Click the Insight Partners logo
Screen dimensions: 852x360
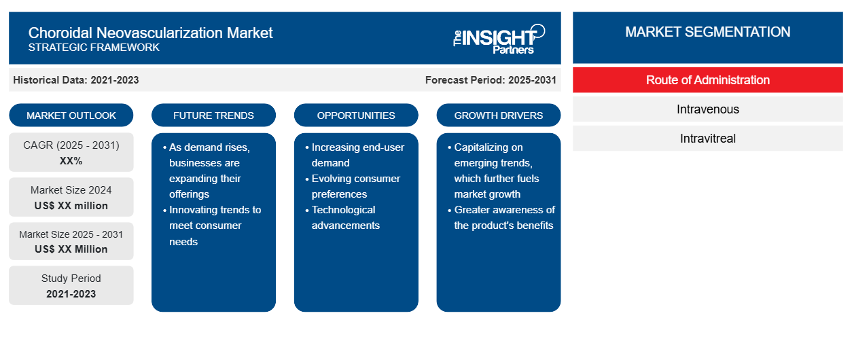499,39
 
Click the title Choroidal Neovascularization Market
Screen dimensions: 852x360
150,33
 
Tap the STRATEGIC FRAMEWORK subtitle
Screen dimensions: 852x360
94,48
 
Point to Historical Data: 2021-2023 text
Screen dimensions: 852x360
76,80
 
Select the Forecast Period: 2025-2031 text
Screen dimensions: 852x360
491,80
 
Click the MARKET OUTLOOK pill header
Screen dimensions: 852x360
71,115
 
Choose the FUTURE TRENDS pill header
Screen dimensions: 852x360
213,115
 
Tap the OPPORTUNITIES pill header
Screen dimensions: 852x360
356,115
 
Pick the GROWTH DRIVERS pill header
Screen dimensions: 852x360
499,115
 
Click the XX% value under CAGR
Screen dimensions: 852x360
71,161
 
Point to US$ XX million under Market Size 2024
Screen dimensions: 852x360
71,206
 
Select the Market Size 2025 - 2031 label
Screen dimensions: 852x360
71,234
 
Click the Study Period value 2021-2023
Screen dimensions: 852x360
71,294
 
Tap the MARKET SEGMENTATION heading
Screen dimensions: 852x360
708,32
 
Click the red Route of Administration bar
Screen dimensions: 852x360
708,80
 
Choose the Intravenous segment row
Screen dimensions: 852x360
708,109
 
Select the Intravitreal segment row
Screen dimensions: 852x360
708,139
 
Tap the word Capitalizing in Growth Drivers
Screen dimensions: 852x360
489,147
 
